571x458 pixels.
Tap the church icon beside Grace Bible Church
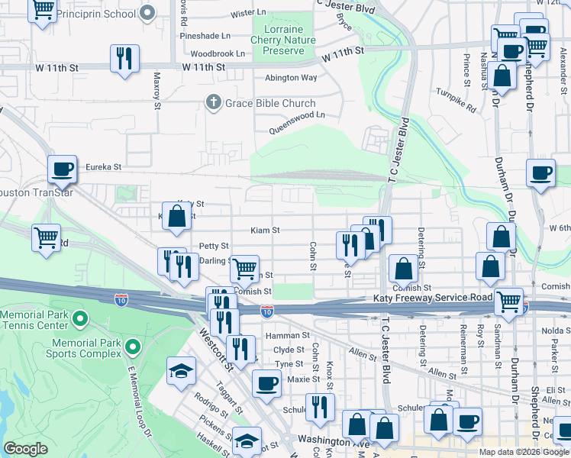click(215, 102)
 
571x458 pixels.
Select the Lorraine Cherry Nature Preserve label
click(283, 40)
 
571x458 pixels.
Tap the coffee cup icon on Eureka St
click(63, 170)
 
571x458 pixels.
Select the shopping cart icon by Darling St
click(244, 268)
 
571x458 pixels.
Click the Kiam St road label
click(266, 230)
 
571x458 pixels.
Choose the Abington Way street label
click(291, 78)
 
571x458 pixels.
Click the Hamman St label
click(287, 335)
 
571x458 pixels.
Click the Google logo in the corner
click(25, 449)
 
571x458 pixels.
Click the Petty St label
click(214, 246)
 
